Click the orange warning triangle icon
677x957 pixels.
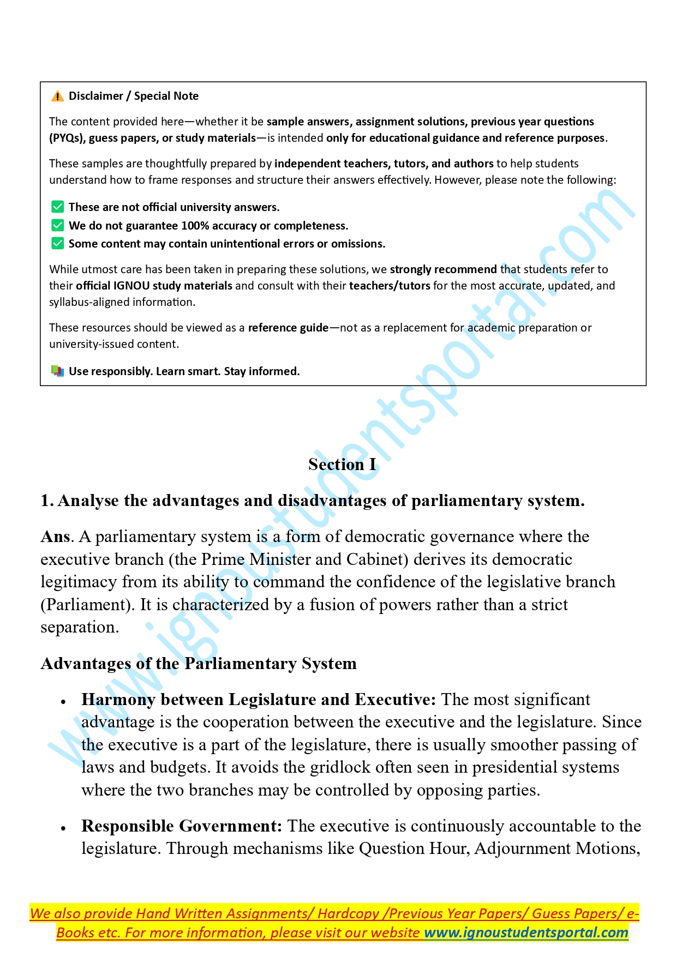tap(57, 97)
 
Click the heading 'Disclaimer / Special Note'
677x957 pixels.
tap(133, 96)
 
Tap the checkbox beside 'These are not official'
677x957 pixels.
tap(57, 207)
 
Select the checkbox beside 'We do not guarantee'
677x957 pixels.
tap(57, 225)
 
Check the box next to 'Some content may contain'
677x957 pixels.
tap(57, 243)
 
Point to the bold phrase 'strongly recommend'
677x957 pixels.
tap(443, 269)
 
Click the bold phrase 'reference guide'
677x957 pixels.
tap(288, 328)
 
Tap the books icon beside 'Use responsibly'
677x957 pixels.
tap(57, 371)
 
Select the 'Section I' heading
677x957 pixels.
tap(342, 464)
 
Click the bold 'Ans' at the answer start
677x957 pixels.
tap(55, 537)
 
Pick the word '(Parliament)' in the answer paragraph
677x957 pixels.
tap(88, 605)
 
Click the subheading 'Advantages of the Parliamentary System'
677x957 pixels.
tap(199, 664)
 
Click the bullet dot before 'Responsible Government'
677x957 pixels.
tap(63, 828)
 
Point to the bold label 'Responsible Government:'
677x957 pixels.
tap(182, 826)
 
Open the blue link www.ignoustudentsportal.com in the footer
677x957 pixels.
tap(526, 932)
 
